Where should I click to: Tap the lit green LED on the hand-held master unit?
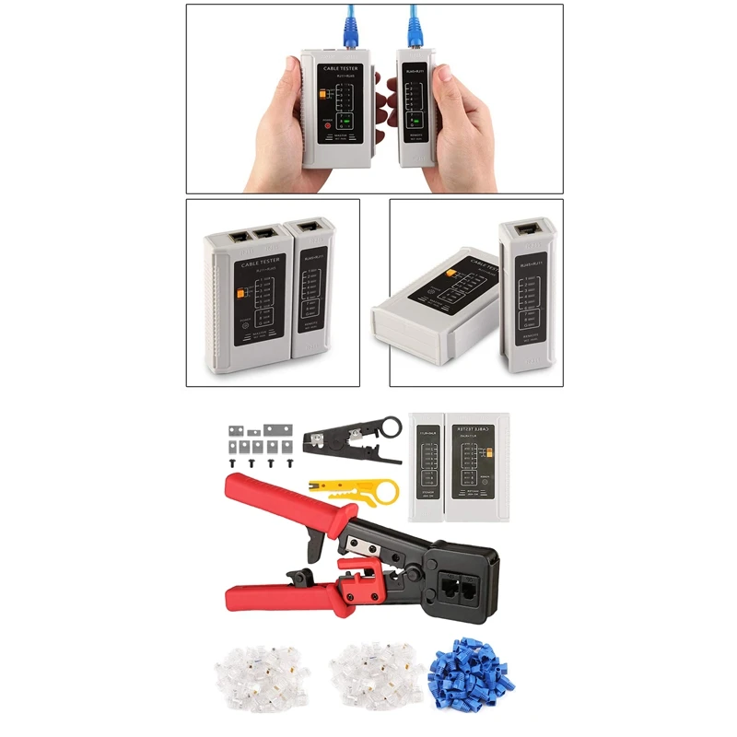pos(346,122)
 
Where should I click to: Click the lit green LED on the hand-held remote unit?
pos(415,121)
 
